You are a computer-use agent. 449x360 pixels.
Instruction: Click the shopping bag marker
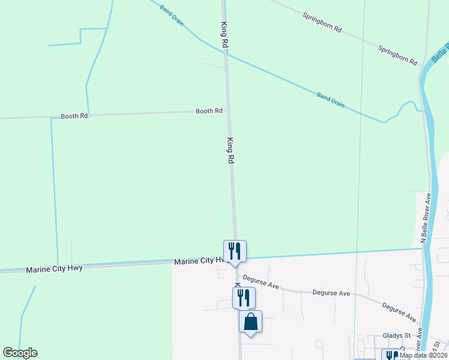click(x=251, y=322)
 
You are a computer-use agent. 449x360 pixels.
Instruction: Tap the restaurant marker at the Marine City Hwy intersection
click(x=235, y=251)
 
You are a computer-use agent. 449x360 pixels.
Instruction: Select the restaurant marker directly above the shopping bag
click(x=244, y=297)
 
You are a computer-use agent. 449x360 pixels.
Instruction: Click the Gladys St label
click(x=396, y=335)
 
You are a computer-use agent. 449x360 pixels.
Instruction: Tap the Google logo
click(x=20, y=353)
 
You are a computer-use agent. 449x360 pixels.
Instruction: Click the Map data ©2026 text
click(x=423, y=355)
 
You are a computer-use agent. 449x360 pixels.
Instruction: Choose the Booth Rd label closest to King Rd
click(x=209, y=111)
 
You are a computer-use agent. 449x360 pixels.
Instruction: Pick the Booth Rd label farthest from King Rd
click(x=74, y=115)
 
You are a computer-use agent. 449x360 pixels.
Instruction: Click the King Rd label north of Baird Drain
click(x=224, y=34)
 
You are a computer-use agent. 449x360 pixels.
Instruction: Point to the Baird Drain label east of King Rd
click(x=331, y=99)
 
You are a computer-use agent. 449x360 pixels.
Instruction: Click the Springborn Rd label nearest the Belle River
click(x=397, y=54)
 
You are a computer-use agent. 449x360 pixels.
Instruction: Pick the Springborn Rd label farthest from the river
click(x=322, y=23)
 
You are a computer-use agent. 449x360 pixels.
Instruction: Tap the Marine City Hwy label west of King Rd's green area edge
click(x=54, y=268)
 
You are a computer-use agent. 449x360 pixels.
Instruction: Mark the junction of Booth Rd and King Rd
click(x=228, y=111)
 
